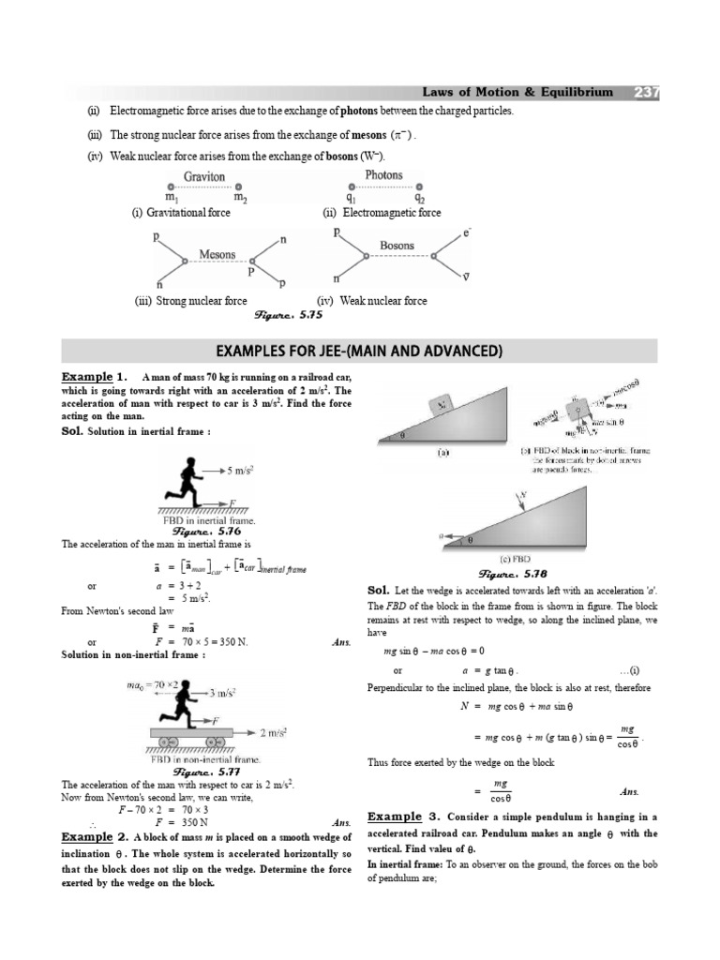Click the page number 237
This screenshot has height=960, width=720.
(647, 92)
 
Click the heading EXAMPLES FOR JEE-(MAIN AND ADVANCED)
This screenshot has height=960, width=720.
(359, 351)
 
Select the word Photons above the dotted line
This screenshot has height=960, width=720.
(383, 175)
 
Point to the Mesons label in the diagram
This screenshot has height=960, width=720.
(217, 254)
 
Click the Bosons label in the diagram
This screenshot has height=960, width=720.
(397, 246)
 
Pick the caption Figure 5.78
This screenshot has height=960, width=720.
(507, 573)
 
